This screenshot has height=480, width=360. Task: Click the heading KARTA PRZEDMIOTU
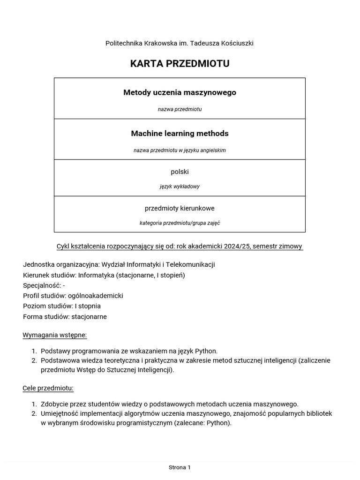click(180, 64)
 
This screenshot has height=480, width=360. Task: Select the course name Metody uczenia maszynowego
click(180, 92)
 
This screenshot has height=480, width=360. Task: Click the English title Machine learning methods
click(180, 134)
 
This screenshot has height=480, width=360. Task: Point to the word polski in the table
click(180, 172)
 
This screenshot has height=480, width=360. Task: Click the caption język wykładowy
click(180, 186)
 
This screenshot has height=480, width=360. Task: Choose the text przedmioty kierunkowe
click(180, 208)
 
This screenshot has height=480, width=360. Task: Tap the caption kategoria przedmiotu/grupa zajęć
click(180, 223)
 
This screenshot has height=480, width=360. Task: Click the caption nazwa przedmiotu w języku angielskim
click(180, 150)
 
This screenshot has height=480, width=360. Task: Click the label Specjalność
click(41, 285)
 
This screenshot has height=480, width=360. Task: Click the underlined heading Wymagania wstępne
click(55, 335)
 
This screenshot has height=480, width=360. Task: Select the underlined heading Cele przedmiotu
click(48, 388)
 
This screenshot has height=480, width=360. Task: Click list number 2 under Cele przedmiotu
click(34, 413)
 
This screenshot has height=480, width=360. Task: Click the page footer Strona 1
click(180, 467)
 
